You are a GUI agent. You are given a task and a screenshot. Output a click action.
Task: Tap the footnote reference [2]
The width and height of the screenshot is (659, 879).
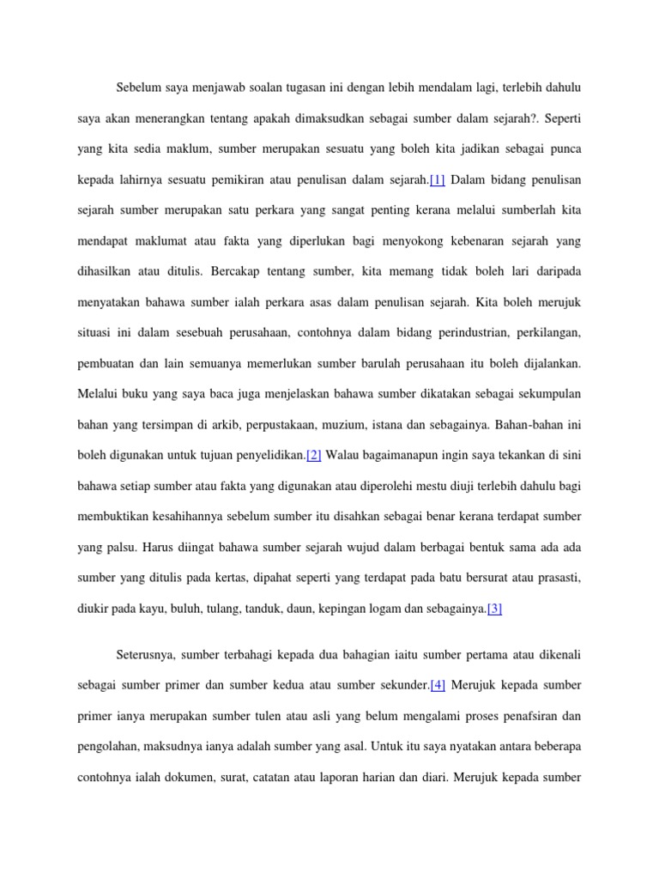point(314,454)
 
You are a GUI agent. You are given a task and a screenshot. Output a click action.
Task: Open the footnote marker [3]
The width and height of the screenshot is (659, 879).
point(494,609)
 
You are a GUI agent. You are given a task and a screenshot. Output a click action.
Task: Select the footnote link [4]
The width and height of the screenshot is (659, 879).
point(437,684)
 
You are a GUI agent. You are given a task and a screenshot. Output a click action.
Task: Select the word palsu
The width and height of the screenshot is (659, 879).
point(118,547)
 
